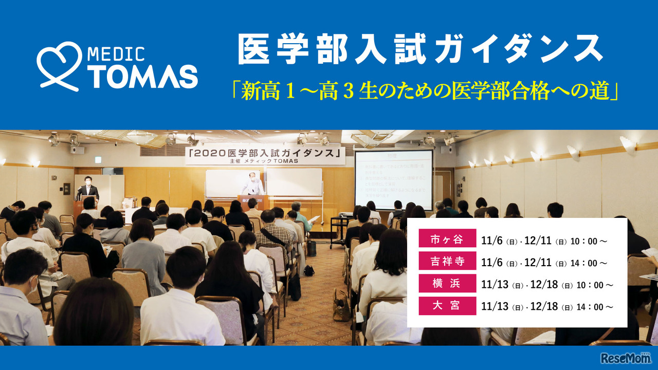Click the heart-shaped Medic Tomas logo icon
coord(59,66)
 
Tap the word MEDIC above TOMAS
coord(116,53)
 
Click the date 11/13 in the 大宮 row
coord(494,306)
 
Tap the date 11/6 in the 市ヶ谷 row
coord(491,240)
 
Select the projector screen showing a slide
coord(393,179)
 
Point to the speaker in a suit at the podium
coord(88,188)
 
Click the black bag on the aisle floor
coord(309,270)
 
